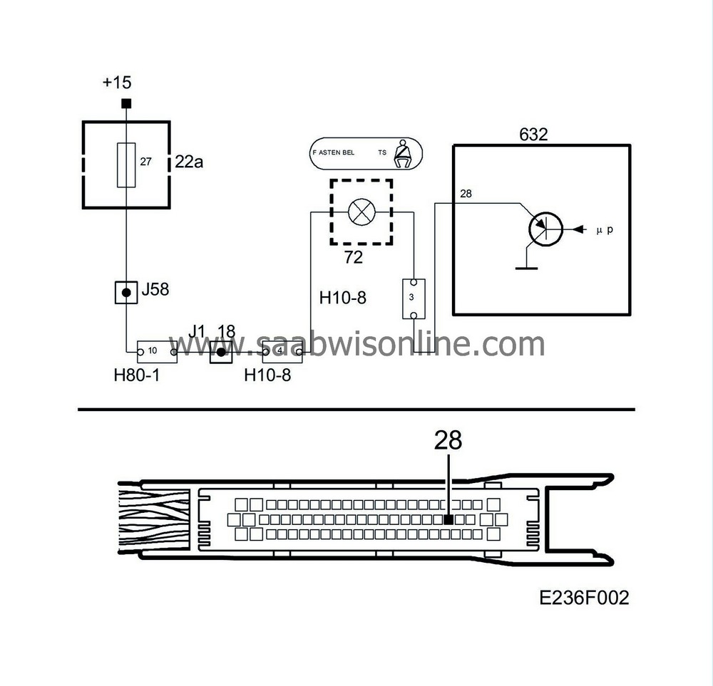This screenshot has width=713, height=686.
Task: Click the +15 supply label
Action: click(117, 83)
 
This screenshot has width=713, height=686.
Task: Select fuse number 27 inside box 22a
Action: click(126, 164)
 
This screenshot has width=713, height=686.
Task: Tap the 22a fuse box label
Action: click(189, 163)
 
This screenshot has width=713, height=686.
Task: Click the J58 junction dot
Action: click(126, 292)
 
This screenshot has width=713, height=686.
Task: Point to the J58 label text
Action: click(156, 290)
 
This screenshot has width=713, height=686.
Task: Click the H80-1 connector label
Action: click(136, 375)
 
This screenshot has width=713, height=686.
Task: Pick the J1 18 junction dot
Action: click(221, 352)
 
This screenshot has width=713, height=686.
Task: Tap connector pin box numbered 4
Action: click(282, 351)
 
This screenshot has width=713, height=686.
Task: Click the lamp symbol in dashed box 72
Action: click(360, 212)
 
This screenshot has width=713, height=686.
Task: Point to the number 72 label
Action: click(354, 258)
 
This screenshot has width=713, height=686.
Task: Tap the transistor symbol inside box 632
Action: click(545, 229)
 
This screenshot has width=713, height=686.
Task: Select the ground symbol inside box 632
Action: click(526, 267)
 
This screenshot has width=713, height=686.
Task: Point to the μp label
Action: click(604, 230)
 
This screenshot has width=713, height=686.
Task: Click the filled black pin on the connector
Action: click(448, 520)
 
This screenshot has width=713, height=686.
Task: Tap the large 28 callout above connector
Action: click(448, 442)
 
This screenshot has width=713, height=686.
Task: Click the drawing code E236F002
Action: click(585, 597)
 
